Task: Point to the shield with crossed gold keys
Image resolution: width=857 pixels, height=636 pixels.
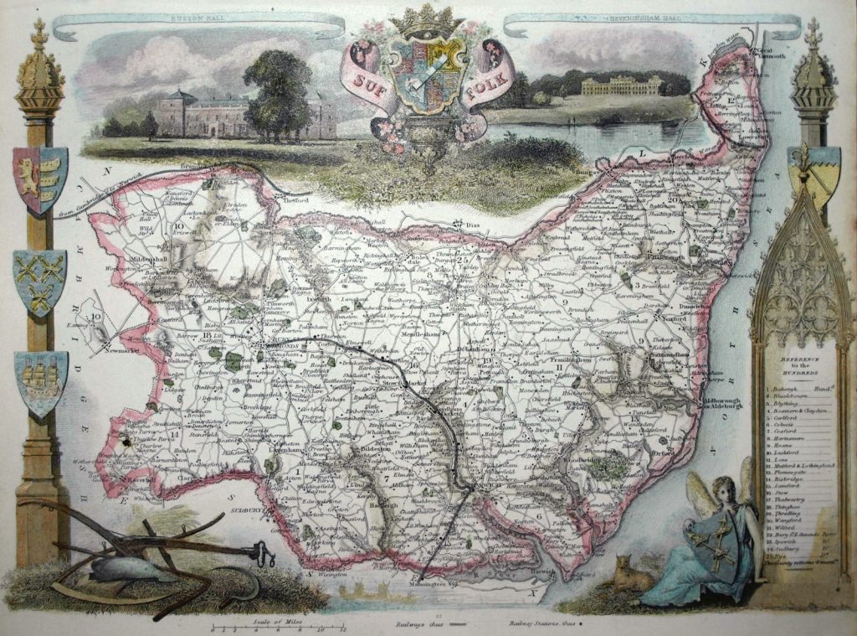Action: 39,279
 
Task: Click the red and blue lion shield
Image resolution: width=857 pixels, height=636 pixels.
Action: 39,178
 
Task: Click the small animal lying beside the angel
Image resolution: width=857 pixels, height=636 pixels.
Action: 632,573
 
